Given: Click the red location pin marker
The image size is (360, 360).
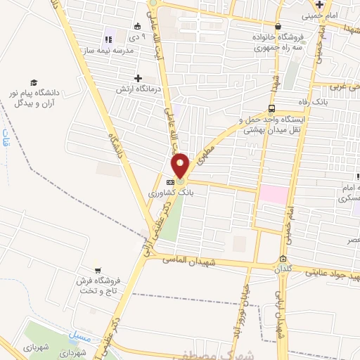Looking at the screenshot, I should pos(181,166).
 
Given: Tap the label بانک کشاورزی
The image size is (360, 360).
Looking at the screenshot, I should pos(169,191).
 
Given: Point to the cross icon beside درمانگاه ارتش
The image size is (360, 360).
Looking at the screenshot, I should pos(138,78).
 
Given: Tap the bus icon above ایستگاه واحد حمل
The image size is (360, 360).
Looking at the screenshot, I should pos(271,108).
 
